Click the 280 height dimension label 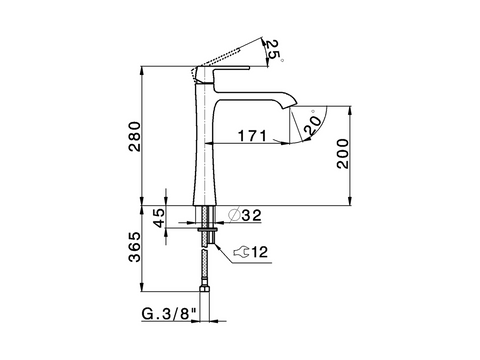click(135, 137)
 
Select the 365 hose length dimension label click(135, 247)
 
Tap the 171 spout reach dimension click(252, 136)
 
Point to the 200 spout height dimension click(343, 154)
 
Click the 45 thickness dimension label click(160, 218)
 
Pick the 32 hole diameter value click(251, 216)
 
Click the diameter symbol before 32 click(234, 215)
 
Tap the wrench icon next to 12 click(241, 252)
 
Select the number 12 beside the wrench click(259, 252)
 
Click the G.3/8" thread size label click(170, 314)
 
